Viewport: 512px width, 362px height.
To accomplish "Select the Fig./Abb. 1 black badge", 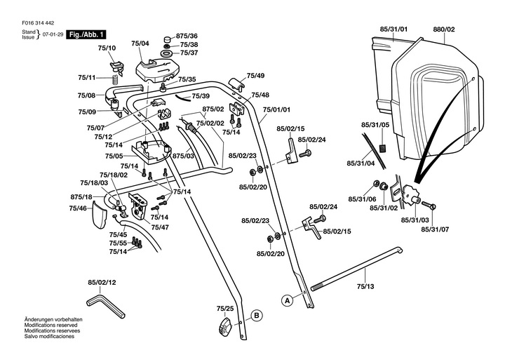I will coord(86,34).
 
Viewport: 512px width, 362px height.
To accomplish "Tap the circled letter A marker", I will coord(287,300).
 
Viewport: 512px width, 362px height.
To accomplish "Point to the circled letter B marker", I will coord(257,316).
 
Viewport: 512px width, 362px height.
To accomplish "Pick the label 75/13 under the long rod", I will coord(365,286).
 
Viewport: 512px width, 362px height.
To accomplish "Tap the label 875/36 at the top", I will coord(187,36).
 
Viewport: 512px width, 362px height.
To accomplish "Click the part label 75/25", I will coord(224,309).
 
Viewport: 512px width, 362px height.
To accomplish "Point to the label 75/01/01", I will coord(276,110).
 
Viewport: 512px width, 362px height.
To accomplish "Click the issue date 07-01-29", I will coord(53,34).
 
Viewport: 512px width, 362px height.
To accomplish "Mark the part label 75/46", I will coord(78,208).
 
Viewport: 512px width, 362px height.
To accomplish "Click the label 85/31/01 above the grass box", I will coord(393,29).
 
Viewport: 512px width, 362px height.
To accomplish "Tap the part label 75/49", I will coord(255,76).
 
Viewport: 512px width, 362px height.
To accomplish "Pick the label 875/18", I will coord(81,197).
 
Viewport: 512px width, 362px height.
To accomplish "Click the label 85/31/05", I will coord(375,125).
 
